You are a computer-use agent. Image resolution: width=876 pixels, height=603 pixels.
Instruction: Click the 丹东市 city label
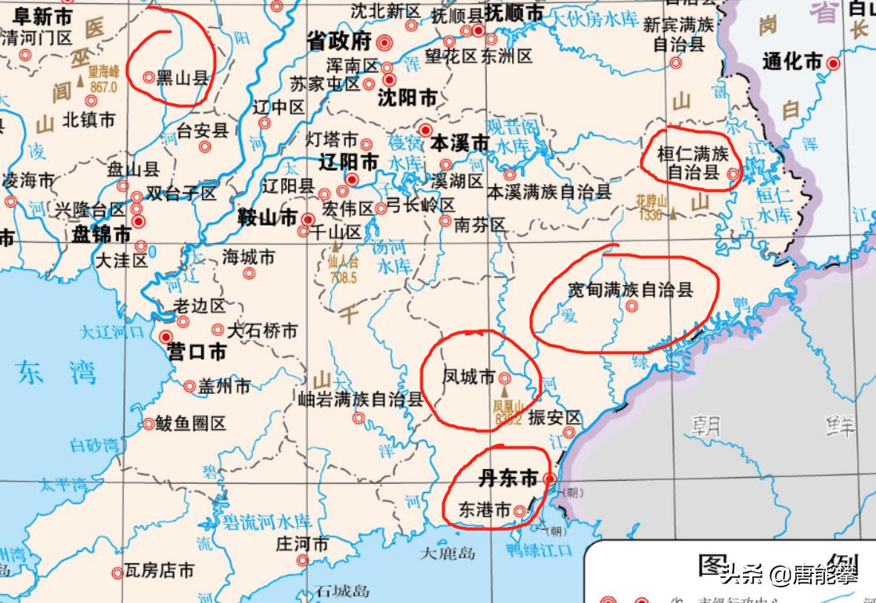click(x=508, y=478)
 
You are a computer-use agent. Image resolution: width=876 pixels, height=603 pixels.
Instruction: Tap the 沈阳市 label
click(x=407, y=98)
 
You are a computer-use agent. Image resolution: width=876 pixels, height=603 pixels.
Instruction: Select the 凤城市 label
click(x=470, y=377)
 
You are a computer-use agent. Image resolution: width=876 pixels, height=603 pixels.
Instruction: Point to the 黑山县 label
click(x=182, y=78)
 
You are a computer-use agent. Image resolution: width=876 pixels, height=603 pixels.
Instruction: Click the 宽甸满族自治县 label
click(x=631, y=290)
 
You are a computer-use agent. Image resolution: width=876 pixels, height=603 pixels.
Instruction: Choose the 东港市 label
click(x=484, y=509)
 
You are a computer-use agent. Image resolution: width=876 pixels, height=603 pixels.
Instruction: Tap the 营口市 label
click(x=197, y=352)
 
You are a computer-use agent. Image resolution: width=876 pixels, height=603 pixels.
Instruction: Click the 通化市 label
click(x=792, y=61)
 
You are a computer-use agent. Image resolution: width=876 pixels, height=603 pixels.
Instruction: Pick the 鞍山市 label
click(x=267, y=218)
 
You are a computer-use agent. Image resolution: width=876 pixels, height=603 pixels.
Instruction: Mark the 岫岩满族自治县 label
click(x=361, y=399)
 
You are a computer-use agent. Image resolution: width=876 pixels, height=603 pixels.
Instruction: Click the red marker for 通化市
click(x=834, y=63)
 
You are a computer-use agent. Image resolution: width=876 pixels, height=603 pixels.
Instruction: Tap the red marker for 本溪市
click(x=426, y=129)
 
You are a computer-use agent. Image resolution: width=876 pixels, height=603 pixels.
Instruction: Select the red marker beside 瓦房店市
click(x=117, y=573)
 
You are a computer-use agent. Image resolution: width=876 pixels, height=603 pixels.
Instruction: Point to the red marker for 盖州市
click(x=189, y=386)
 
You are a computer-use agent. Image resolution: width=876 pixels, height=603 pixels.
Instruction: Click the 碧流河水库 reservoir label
click(x=258, y=521)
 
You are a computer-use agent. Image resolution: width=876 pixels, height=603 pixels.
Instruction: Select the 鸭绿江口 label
click(x=539, y=550)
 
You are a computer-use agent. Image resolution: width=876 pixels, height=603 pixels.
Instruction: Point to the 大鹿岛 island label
click(x=448, y=554)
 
